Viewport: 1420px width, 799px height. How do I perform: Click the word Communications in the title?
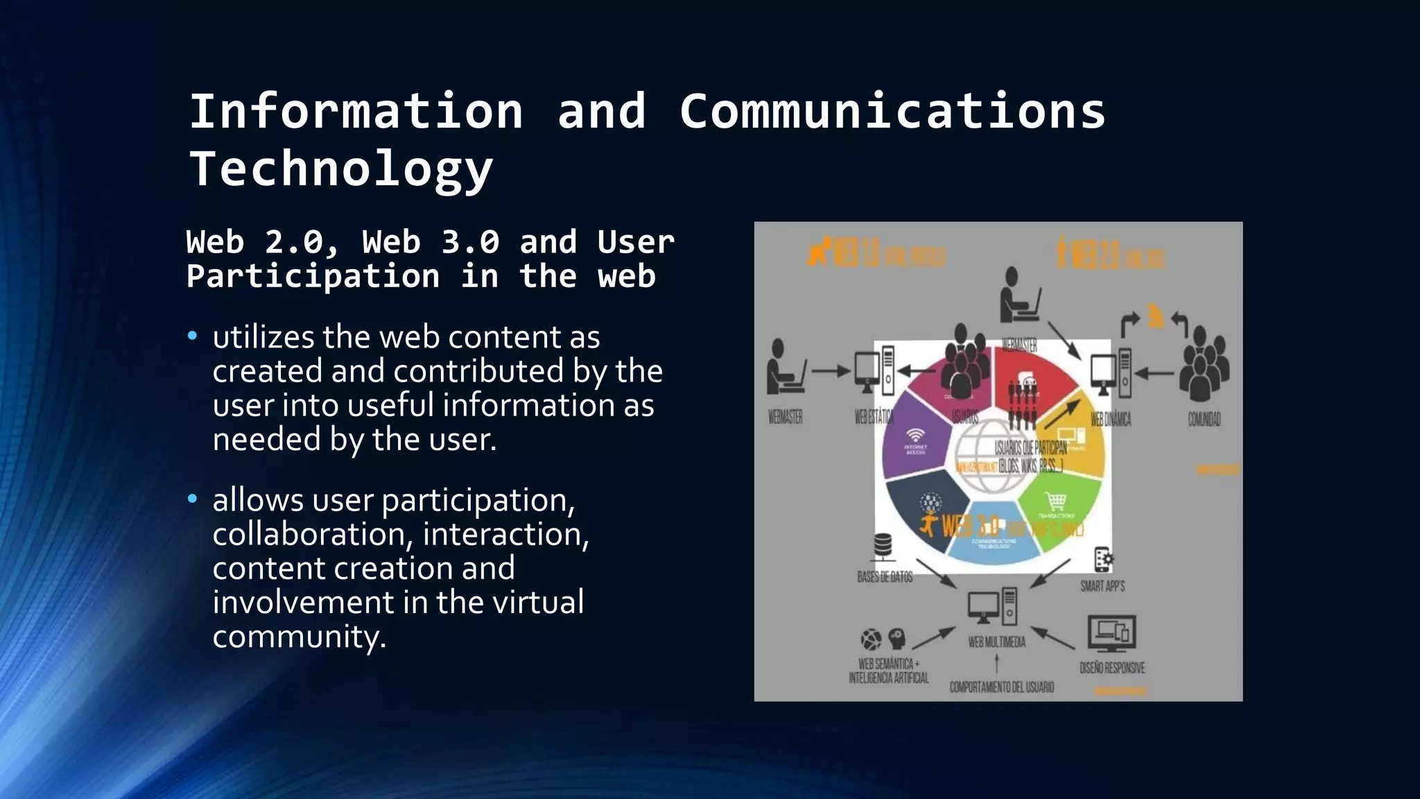pos(892,112)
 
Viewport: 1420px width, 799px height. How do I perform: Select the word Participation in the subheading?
pos(313,277)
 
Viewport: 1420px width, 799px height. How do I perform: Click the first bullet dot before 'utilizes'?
pos(193,337)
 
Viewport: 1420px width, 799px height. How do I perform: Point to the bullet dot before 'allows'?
pos(193,499)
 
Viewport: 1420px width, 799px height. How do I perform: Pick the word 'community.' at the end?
pos(299,637)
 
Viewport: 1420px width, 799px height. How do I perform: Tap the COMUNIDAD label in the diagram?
pos(1204,419)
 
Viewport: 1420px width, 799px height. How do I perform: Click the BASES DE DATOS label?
pos(885,577)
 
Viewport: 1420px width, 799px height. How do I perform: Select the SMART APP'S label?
pos(1102,586)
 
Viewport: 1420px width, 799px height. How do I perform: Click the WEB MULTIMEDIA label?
pos(996,642)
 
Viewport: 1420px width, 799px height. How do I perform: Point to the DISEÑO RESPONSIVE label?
pos(1112,668)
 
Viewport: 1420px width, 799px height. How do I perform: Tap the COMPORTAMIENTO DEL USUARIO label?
pos(1001,687)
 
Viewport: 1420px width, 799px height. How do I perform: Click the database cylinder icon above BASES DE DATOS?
pos(883,546)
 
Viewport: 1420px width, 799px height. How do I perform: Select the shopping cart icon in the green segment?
pos(1055,500)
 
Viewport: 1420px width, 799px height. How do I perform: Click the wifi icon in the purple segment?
pos(916,436)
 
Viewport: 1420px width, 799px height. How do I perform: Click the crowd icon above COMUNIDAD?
pos(1205,364)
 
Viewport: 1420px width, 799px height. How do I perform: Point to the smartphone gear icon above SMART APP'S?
pos(1103,560)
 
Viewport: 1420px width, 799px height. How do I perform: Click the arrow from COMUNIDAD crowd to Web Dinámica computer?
pos(1154,373)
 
